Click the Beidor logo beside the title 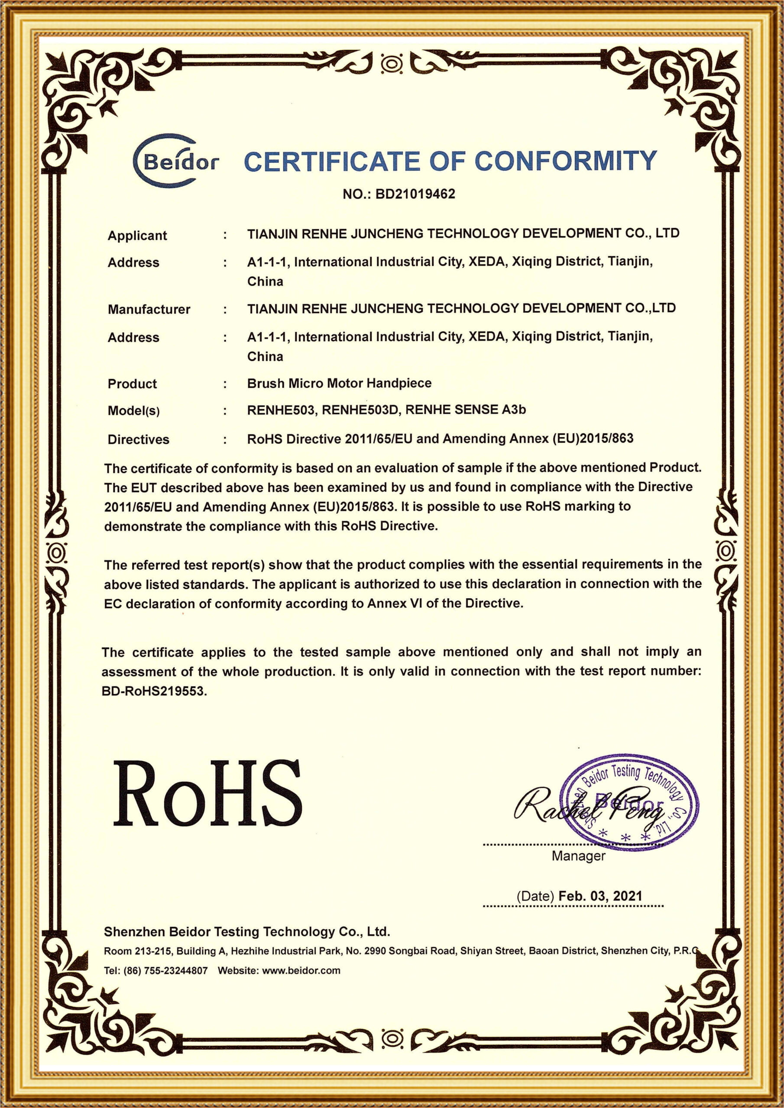point(175,161)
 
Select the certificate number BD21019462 point(415,194)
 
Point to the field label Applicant point(137,235)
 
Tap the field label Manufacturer point(149,309)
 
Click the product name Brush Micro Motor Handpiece point(339,383)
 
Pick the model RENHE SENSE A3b point(465,410)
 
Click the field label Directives point(138,439)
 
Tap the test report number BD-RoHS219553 point(154,691)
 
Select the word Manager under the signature point(578,856)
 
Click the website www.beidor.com point(301,970)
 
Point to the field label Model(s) point(133,411)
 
